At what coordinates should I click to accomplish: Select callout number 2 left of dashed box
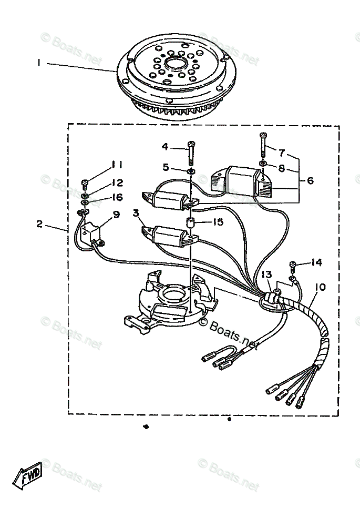click(39, 224)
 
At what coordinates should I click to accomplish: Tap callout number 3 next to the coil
click(136, 213)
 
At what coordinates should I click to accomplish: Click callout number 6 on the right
click(310, 180)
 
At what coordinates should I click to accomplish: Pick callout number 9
click(116, 214)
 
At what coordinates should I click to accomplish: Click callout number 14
click(316, 262)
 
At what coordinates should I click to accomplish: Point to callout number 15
click(218, 222)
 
